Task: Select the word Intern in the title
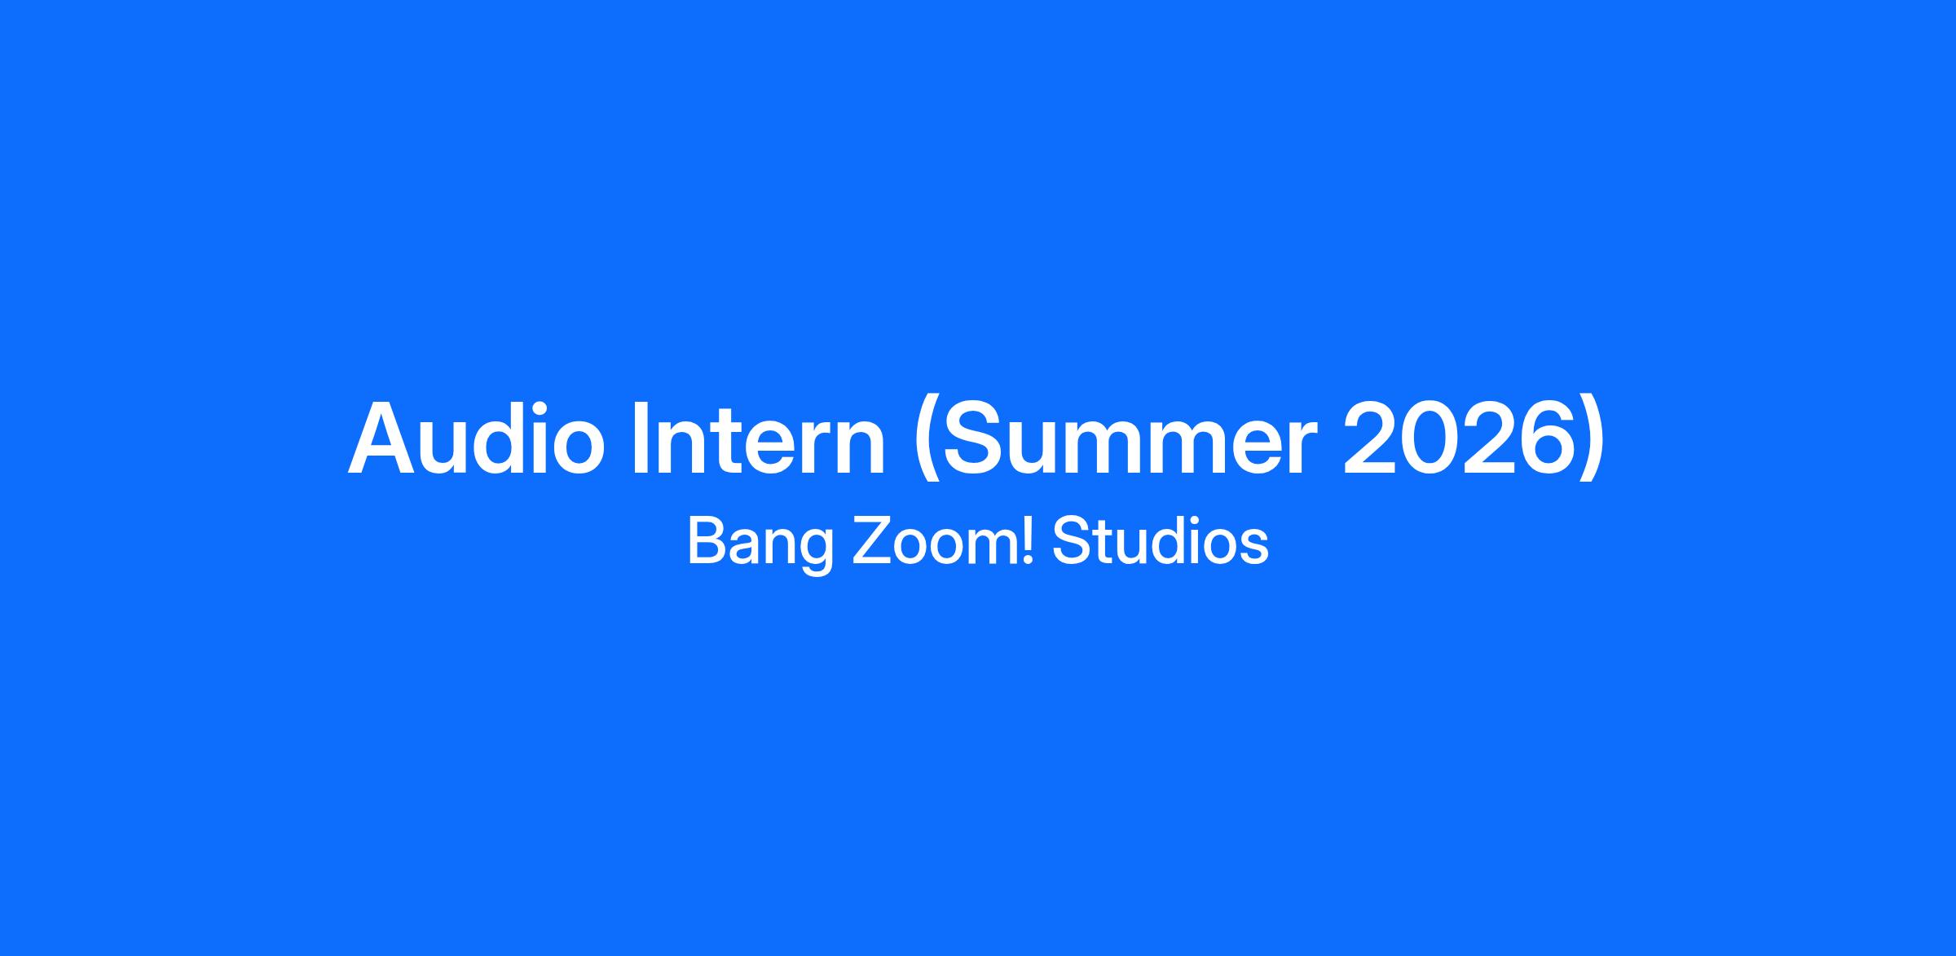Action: pyautogui.click(x=759, y=438)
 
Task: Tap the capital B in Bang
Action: pyautogui.click(x=706, y=540)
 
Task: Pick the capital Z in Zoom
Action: pyautogui.click(x=871, y=540)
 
